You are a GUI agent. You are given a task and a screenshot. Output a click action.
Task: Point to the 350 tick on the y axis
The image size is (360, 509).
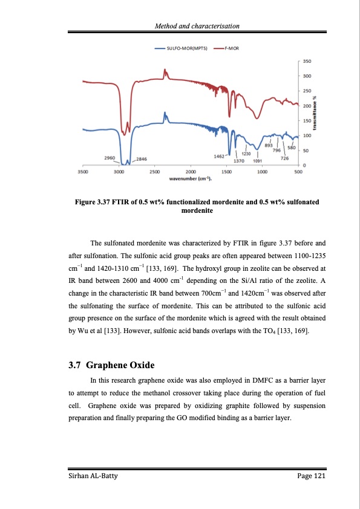click(x=307, y=61)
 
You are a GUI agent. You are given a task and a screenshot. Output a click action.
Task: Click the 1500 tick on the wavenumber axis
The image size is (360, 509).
click(x=227, y=172)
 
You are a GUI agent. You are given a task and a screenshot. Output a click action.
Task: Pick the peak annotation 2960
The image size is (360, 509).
click(x=110, y=158)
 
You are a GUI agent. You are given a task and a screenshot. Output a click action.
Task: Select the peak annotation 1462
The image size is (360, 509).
click(x=220, y=156)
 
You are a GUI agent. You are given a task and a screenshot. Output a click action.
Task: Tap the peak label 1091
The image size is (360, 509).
click(x=258, y=161)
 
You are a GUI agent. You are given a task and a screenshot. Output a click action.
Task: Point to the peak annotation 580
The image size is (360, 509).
click(x=292, y=148)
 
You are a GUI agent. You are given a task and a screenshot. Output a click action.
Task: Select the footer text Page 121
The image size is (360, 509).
click(x=311, y=478)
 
